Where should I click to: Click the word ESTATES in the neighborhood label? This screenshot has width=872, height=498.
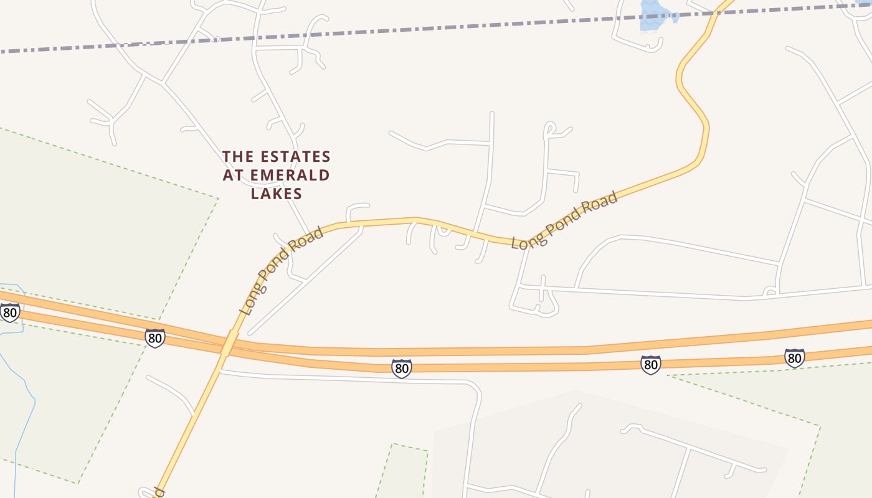tap(296, 156)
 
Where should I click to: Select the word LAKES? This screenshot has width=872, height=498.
tap(277, 194)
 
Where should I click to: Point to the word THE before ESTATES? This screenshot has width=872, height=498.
tap(238, 156)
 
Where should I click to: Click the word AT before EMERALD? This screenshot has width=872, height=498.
tap(233, 175)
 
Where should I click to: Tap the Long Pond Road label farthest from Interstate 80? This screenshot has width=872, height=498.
tap(564, 220)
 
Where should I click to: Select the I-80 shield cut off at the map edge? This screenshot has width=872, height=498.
tap(9, 311)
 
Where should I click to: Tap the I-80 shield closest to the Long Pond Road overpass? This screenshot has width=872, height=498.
tap(155, 338)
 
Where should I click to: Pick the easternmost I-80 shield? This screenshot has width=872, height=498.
tap(794, 358)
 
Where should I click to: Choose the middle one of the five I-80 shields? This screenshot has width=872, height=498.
tap(402, 369)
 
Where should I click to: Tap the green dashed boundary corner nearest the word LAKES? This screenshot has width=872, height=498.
tap(219, 199)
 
